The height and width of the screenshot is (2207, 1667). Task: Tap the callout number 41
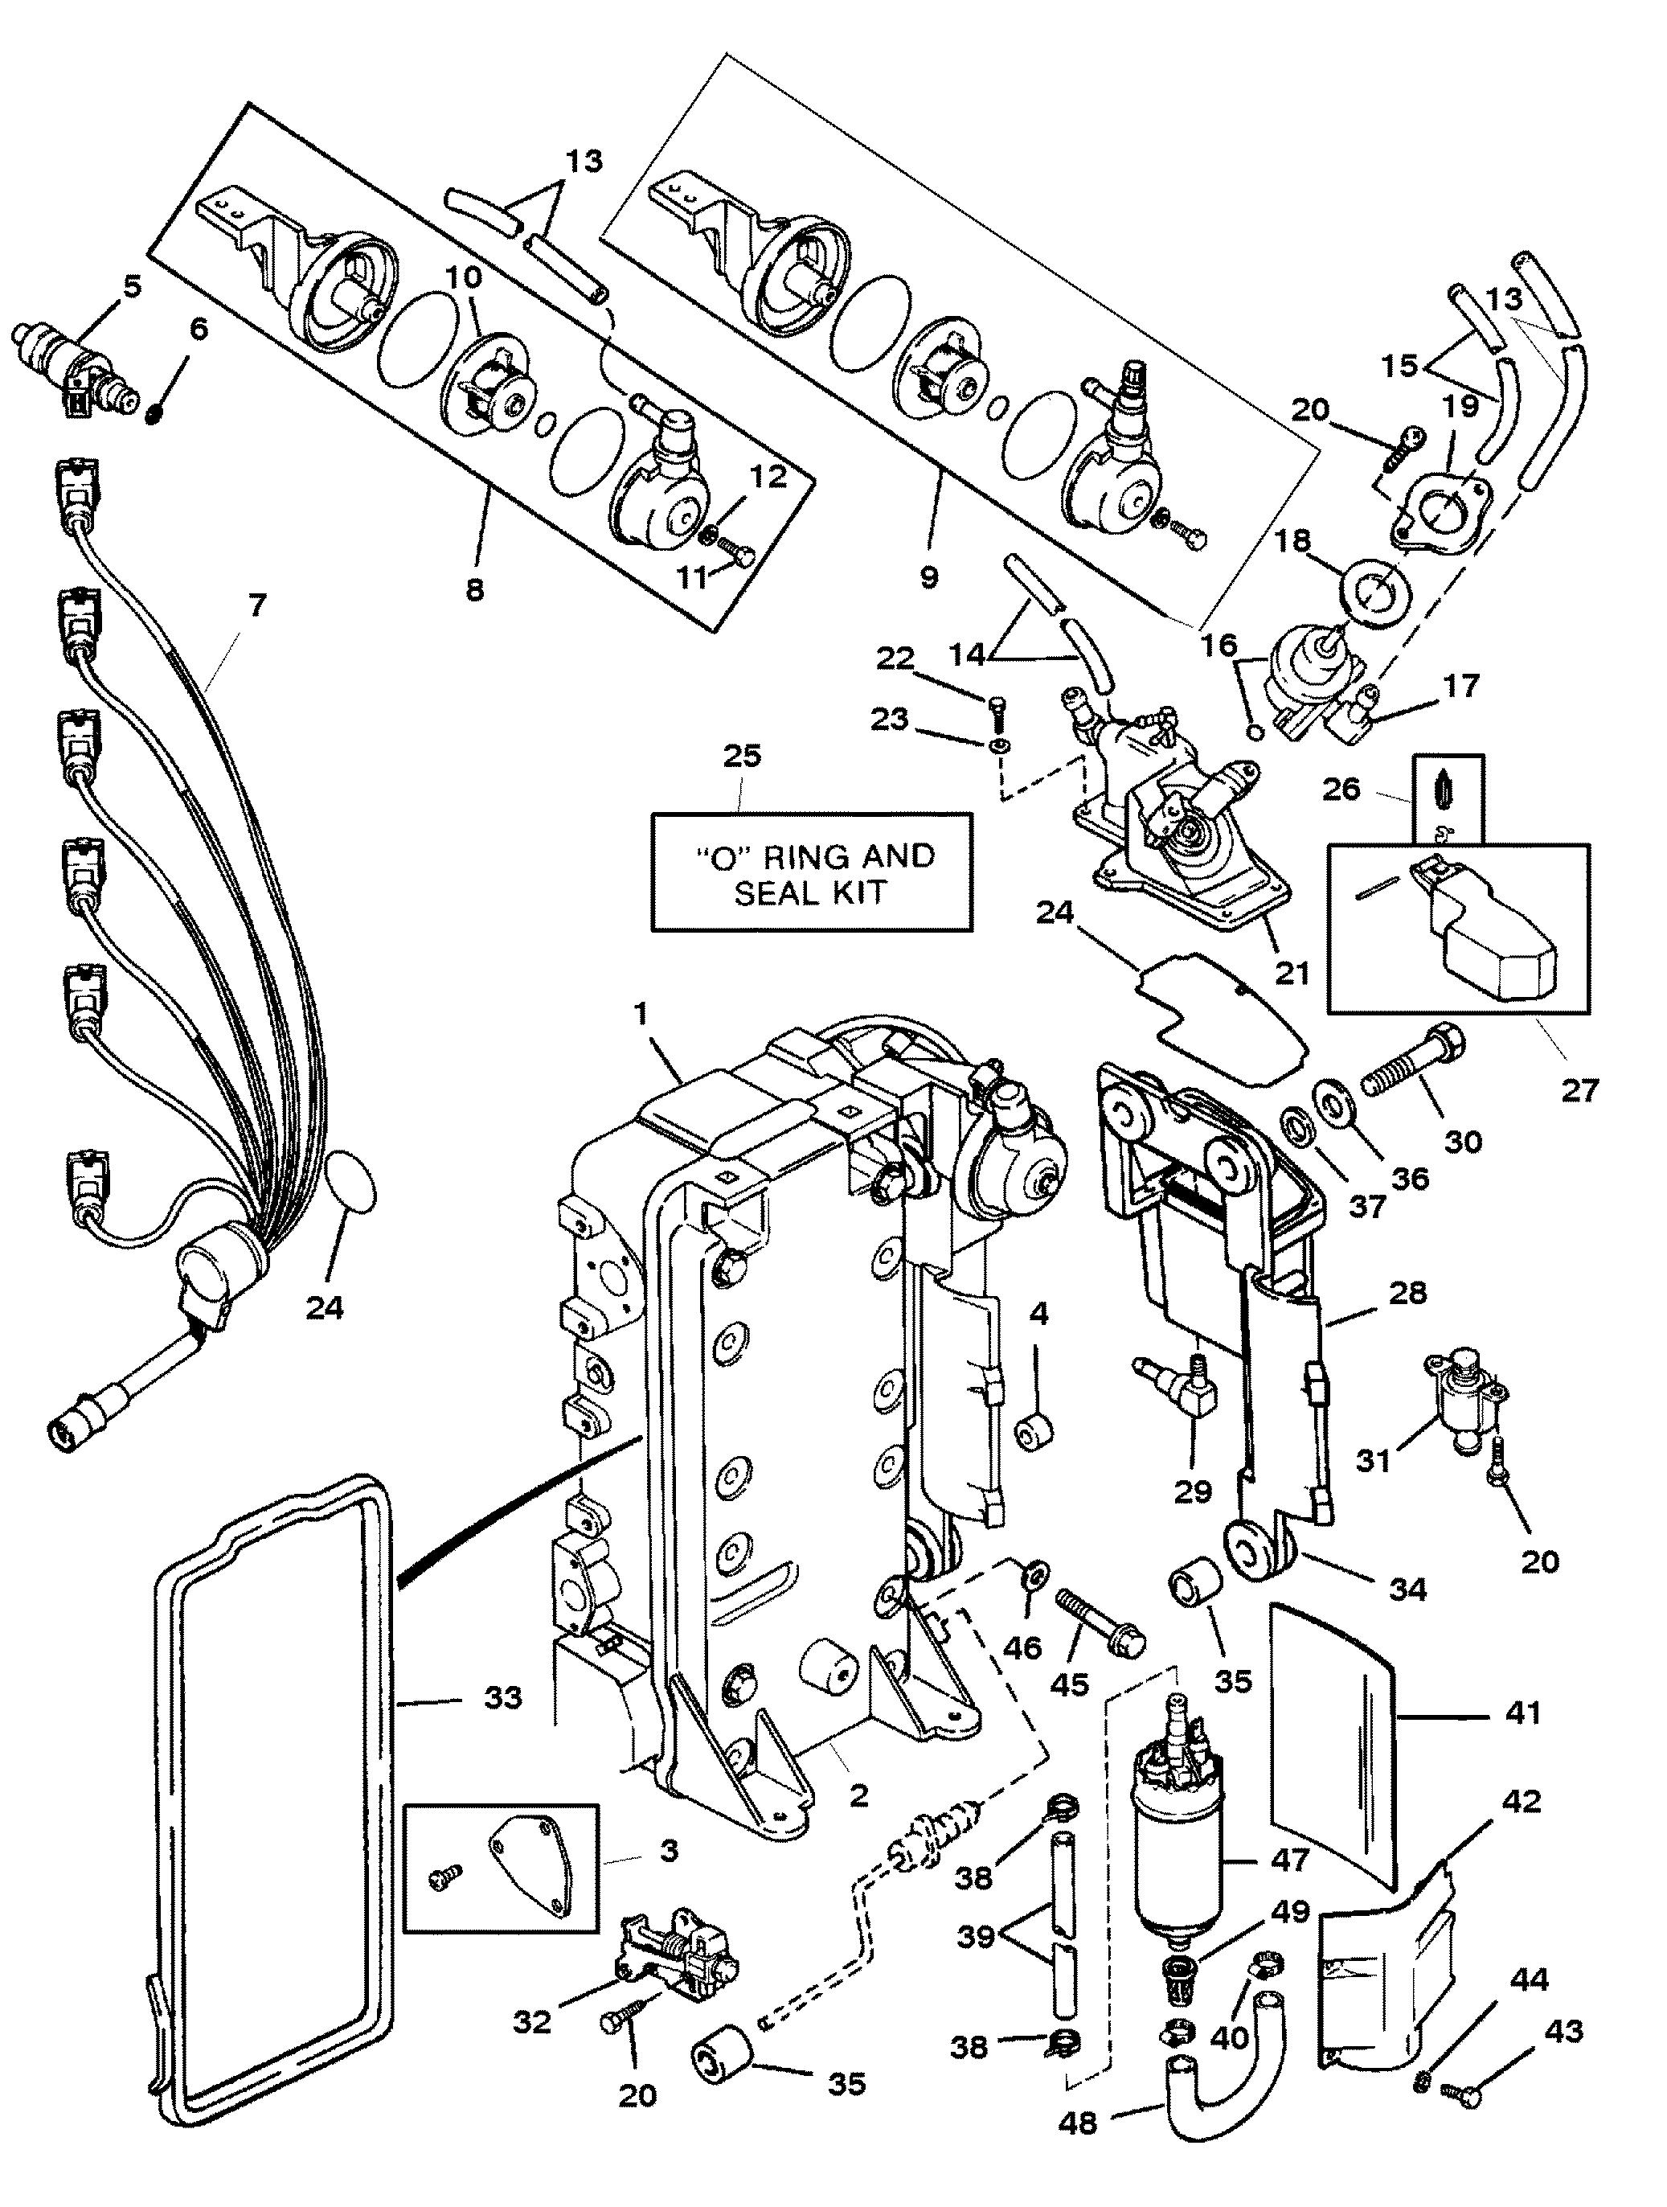[1521, 1714]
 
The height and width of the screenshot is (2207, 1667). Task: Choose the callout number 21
[1294, 970]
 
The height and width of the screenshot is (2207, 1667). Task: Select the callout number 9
[930, 576]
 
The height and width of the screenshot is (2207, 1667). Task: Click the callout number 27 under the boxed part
[1579, 1089]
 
